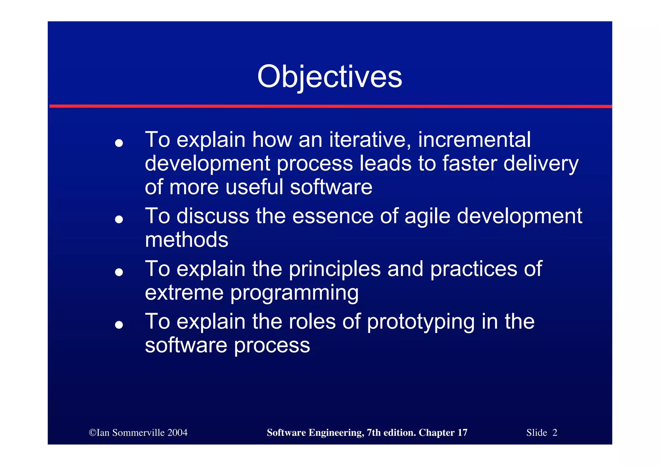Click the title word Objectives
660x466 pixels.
tap(329, 77)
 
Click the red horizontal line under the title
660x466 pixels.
tap(330, 106)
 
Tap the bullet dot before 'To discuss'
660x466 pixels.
tap(119, 219)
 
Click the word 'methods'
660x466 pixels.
tap(187, 240)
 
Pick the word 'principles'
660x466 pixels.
tap(335, 269)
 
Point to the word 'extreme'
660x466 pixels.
tap(184, 293)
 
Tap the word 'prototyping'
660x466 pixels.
tap(421, 322)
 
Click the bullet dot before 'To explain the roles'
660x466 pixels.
tap(119, 325)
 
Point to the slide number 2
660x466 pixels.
tap(555, 433)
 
